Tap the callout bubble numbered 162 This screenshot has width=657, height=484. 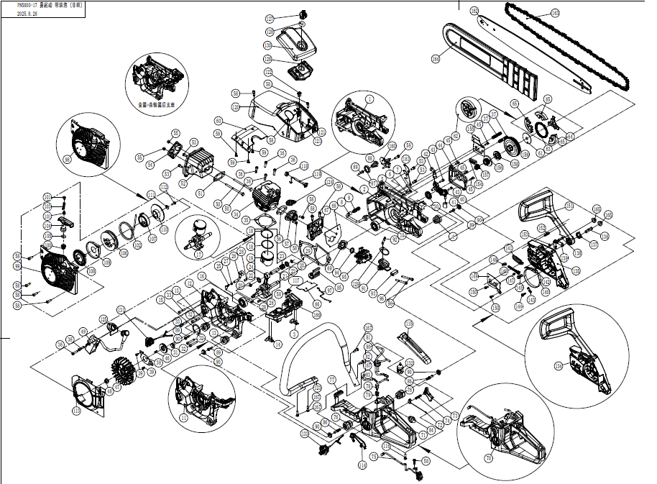(474, 11)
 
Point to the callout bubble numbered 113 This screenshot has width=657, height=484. (76, 411)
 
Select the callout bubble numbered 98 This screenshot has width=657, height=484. (68, 160)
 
